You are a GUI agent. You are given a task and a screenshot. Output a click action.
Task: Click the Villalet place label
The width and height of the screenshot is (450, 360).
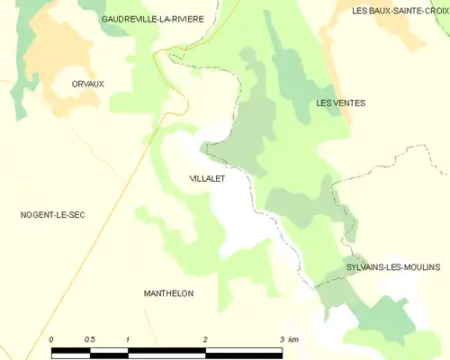207,179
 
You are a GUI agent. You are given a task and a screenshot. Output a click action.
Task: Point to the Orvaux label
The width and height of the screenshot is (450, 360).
88,84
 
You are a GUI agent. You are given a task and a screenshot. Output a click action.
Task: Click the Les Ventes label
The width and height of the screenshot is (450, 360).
341,103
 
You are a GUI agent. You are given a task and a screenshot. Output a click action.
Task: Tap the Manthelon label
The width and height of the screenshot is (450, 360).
168,293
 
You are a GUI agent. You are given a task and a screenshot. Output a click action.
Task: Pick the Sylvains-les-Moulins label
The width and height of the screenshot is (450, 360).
393,268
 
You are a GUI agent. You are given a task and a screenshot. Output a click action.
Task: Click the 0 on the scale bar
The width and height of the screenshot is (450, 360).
52,339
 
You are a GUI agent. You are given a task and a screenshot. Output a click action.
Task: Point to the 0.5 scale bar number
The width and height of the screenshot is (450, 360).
90,339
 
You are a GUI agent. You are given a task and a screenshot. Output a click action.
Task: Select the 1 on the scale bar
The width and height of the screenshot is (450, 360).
129,339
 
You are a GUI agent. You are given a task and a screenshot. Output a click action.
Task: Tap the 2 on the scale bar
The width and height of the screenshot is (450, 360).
205,339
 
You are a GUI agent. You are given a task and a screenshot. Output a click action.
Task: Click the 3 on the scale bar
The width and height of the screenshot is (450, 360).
282,339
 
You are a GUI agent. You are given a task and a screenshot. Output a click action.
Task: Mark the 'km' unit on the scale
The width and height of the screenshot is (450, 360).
294,339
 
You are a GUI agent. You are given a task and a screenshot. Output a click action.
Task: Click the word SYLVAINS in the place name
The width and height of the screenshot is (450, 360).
368,268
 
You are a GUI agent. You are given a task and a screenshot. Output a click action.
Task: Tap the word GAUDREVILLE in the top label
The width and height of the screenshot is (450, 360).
130,18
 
